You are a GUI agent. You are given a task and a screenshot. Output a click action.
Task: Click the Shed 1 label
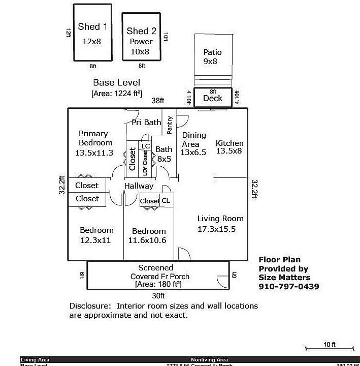pos(92,27)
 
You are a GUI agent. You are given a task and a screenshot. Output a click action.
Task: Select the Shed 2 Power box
pos(141,37)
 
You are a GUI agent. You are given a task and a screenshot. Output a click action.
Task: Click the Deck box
pos(212,98)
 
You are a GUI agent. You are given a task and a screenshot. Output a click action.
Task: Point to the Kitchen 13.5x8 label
pos(230,147)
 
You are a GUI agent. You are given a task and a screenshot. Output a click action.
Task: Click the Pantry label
pos(170,125)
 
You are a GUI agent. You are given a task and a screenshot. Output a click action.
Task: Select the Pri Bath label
pos(146,122)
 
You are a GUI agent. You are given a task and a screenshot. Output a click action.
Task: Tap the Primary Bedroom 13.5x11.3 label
pos(93,143)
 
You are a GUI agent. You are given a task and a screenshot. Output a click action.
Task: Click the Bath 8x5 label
pos(163,154)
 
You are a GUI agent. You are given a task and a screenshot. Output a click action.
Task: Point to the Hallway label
pos(139,186)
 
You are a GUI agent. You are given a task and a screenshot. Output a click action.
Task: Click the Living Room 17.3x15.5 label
pos(220,224)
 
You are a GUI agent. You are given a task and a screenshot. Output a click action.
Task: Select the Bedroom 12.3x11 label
pos(96,235)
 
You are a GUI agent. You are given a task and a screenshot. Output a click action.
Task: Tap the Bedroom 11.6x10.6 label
pos(147,235)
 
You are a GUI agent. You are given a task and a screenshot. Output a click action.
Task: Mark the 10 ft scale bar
pos(329,348)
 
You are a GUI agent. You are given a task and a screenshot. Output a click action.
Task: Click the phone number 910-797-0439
pos(289,286)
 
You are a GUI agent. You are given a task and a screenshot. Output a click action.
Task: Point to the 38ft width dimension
pos(158,101)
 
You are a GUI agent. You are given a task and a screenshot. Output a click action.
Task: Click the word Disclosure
pos(89,306)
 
